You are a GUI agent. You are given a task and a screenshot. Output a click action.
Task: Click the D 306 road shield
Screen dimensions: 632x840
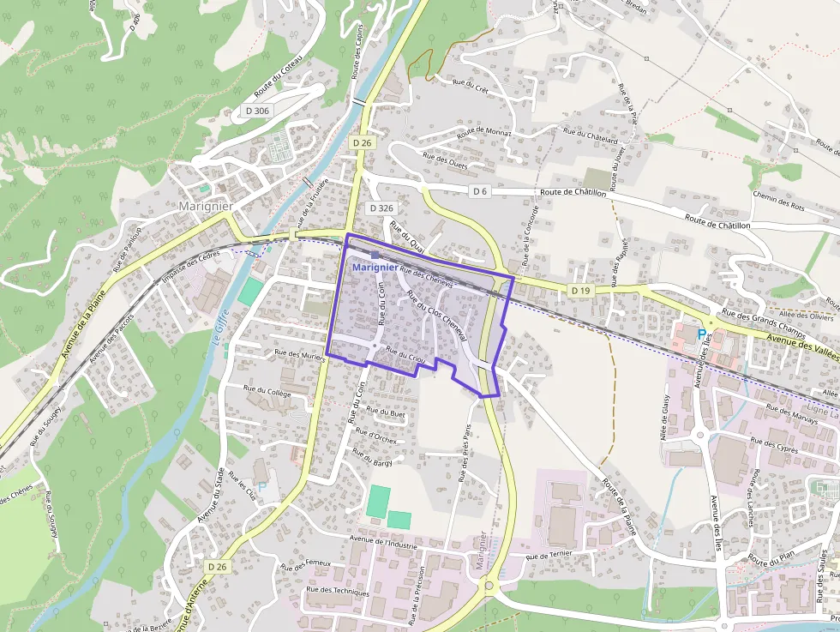click(256, 110)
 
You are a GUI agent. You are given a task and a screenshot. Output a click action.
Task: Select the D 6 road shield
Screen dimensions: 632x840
click(479, 191)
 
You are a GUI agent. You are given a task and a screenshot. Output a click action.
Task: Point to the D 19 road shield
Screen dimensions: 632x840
click(580, 291)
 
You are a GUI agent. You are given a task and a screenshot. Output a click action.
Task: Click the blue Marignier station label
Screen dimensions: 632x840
click(375, 267)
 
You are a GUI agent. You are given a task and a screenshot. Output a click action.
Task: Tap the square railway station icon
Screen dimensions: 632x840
click(375, 255)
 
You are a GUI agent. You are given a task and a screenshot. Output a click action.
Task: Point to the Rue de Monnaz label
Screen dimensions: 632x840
click(483, 132)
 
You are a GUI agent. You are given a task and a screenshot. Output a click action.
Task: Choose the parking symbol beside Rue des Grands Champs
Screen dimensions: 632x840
click(703, 333)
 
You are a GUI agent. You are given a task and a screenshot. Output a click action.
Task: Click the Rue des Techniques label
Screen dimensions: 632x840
click(338, 592)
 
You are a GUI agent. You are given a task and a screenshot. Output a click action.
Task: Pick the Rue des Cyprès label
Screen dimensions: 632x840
click(774, 444)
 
